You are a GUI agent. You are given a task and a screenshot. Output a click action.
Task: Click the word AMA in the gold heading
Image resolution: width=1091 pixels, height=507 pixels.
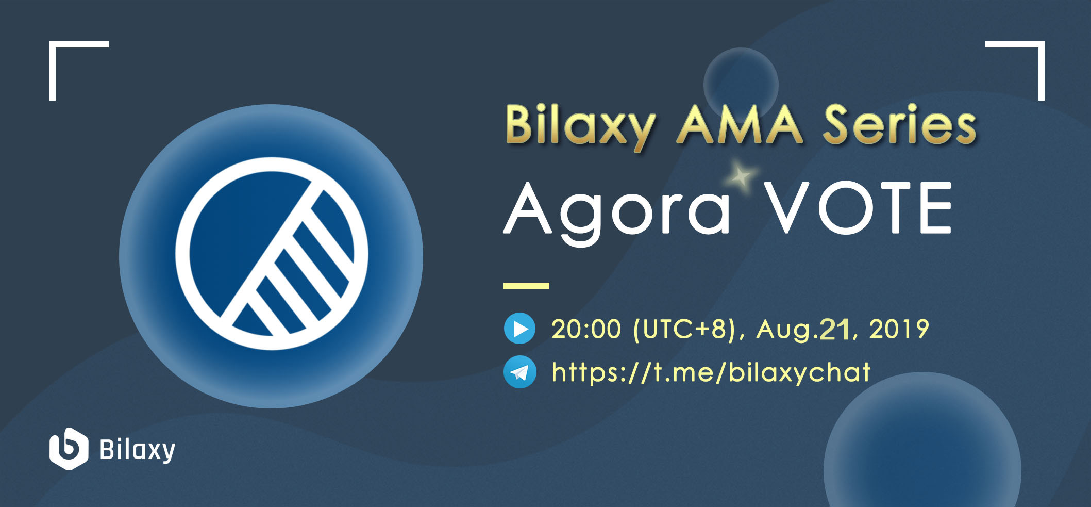click(x=740, y=124)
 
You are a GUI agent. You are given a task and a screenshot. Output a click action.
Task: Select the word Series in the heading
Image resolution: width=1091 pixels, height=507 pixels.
click(x=899, y=124)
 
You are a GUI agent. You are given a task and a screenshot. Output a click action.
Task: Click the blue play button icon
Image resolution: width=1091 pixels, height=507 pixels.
click(x=519, y=329)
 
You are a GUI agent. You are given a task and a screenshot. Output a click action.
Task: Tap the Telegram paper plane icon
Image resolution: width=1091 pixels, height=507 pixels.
click(x=519, y=372)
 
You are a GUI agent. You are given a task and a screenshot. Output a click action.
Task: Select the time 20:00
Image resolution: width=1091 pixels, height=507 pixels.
click(x=586, y=329)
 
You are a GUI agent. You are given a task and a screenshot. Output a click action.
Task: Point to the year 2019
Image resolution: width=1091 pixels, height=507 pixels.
click(x=899, y=329)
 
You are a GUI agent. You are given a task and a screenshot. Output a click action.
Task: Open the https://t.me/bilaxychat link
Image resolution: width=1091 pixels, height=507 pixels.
click(x=711, y=372)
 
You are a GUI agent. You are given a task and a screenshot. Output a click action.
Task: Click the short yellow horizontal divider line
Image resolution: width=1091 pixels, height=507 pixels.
click(x=526, y=285)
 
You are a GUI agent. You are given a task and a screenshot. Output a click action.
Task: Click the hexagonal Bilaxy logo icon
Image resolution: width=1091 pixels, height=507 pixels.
click(x=69, y=449)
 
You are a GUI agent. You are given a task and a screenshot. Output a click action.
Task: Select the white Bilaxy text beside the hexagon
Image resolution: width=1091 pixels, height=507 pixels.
click(x=137, y=450)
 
